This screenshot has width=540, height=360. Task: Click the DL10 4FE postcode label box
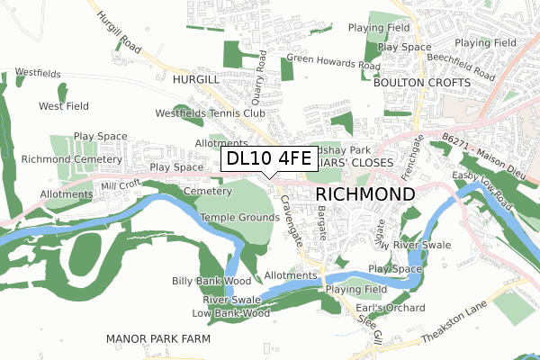[268, 158]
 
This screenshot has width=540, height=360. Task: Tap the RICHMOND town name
[364, 194]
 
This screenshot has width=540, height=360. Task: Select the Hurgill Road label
[119, 29]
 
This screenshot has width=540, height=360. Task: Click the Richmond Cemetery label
[59, 159]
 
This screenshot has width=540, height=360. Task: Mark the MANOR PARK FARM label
[157, 338]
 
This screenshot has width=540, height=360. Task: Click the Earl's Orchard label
[382, 309]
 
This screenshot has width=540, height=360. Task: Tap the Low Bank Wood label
[231, 313]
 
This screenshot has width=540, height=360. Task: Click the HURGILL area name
[195, 80]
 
